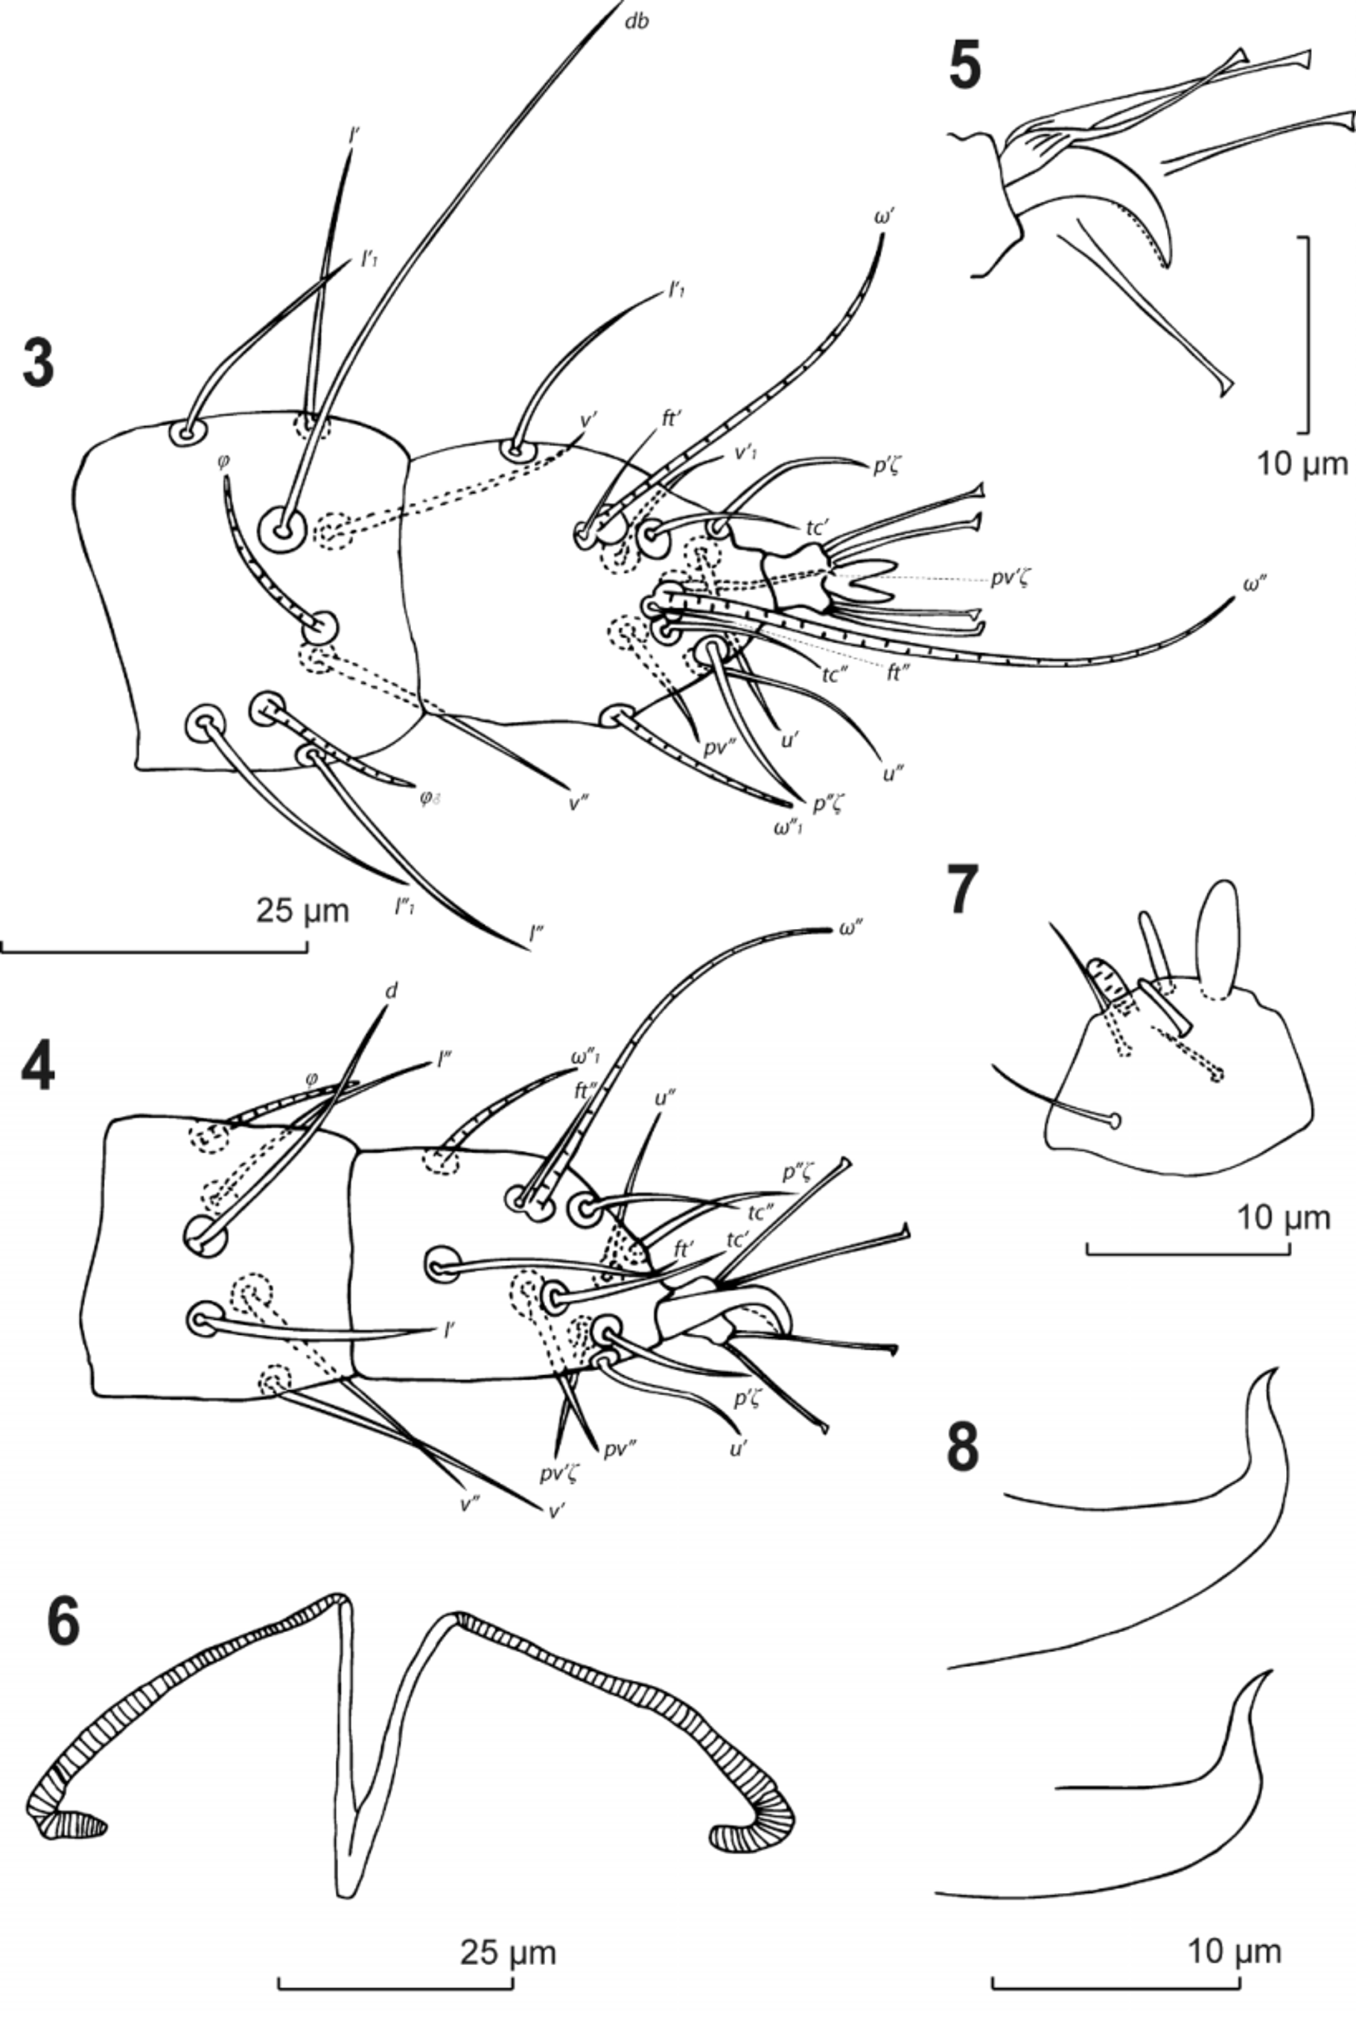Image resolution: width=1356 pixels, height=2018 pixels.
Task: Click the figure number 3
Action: coord(38,364)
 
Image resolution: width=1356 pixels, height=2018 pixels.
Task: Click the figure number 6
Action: coord(63,1622)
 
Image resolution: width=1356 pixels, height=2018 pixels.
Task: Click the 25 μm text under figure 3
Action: coord(302,910)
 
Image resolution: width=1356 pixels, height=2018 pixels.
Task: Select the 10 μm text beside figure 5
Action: coord(1302,465)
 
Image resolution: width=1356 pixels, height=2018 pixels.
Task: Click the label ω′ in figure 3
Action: coord(883,218)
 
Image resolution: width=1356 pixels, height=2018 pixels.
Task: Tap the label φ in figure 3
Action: coord(223,461)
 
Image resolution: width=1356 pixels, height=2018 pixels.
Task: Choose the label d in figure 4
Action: coord(391,991)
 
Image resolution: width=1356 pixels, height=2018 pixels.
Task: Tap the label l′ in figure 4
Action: coord(450,1331)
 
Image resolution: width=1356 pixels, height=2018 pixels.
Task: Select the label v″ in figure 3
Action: coord(579,803)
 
